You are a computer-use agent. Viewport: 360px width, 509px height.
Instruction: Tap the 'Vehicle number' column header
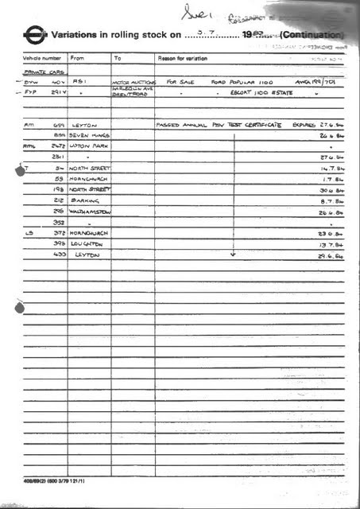pyautogui.click(x=42, y=58)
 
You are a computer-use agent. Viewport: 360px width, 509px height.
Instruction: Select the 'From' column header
pyautogui.click(x=77, y=58)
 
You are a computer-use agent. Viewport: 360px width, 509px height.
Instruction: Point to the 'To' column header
pyautogui.click(x=118, y=58)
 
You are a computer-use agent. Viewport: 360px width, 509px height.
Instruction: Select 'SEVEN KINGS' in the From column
pyautogui.click(x=90, y=136)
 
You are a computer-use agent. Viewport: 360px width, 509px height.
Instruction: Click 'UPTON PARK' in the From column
pyautogui.click(x=88, y=147)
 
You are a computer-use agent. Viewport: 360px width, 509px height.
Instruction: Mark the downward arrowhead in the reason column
pyautogui.click(x=234, y=255)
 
